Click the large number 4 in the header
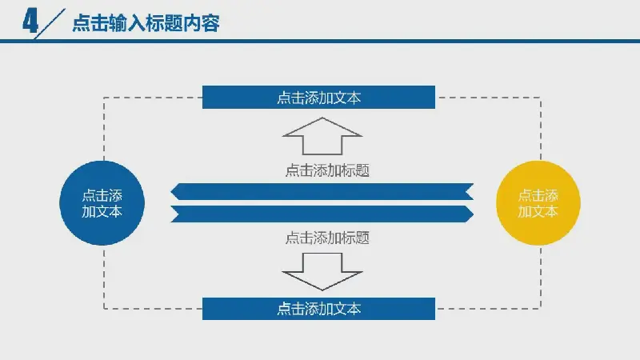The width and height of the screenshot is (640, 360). pyautogui.click(x=30, y=22)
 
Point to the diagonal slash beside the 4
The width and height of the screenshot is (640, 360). pyautogui.click(x=50, y=23)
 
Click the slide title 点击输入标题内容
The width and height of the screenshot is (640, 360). pyautogui.click(x=146, y=22)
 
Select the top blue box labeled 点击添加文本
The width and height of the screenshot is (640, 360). pyautogui.click(x=318, y=97)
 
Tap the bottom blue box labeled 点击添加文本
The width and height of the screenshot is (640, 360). pyautogui.click(x=318, y=309)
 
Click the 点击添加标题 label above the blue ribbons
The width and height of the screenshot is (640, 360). pyautogui.click(x=327, y=170)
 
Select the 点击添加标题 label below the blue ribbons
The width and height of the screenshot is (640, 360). pyautogui.click(x=327, y=238)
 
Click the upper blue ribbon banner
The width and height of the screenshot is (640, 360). pyautogui.click(x=322, y=191)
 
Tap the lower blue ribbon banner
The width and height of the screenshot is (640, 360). pyautogui.click(x=322, y=214)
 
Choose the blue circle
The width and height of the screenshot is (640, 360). pyautogui.click(x=102, y=203)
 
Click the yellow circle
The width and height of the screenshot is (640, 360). pyautogui.click(x=538, y=203)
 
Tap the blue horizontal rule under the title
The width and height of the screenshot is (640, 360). pyautogui.click(x=320, y=41)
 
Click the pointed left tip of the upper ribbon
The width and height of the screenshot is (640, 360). pyautogui.click(x=171, y=191)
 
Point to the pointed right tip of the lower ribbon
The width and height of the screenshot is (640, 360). pyautogui.click(x=473, y=214)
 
